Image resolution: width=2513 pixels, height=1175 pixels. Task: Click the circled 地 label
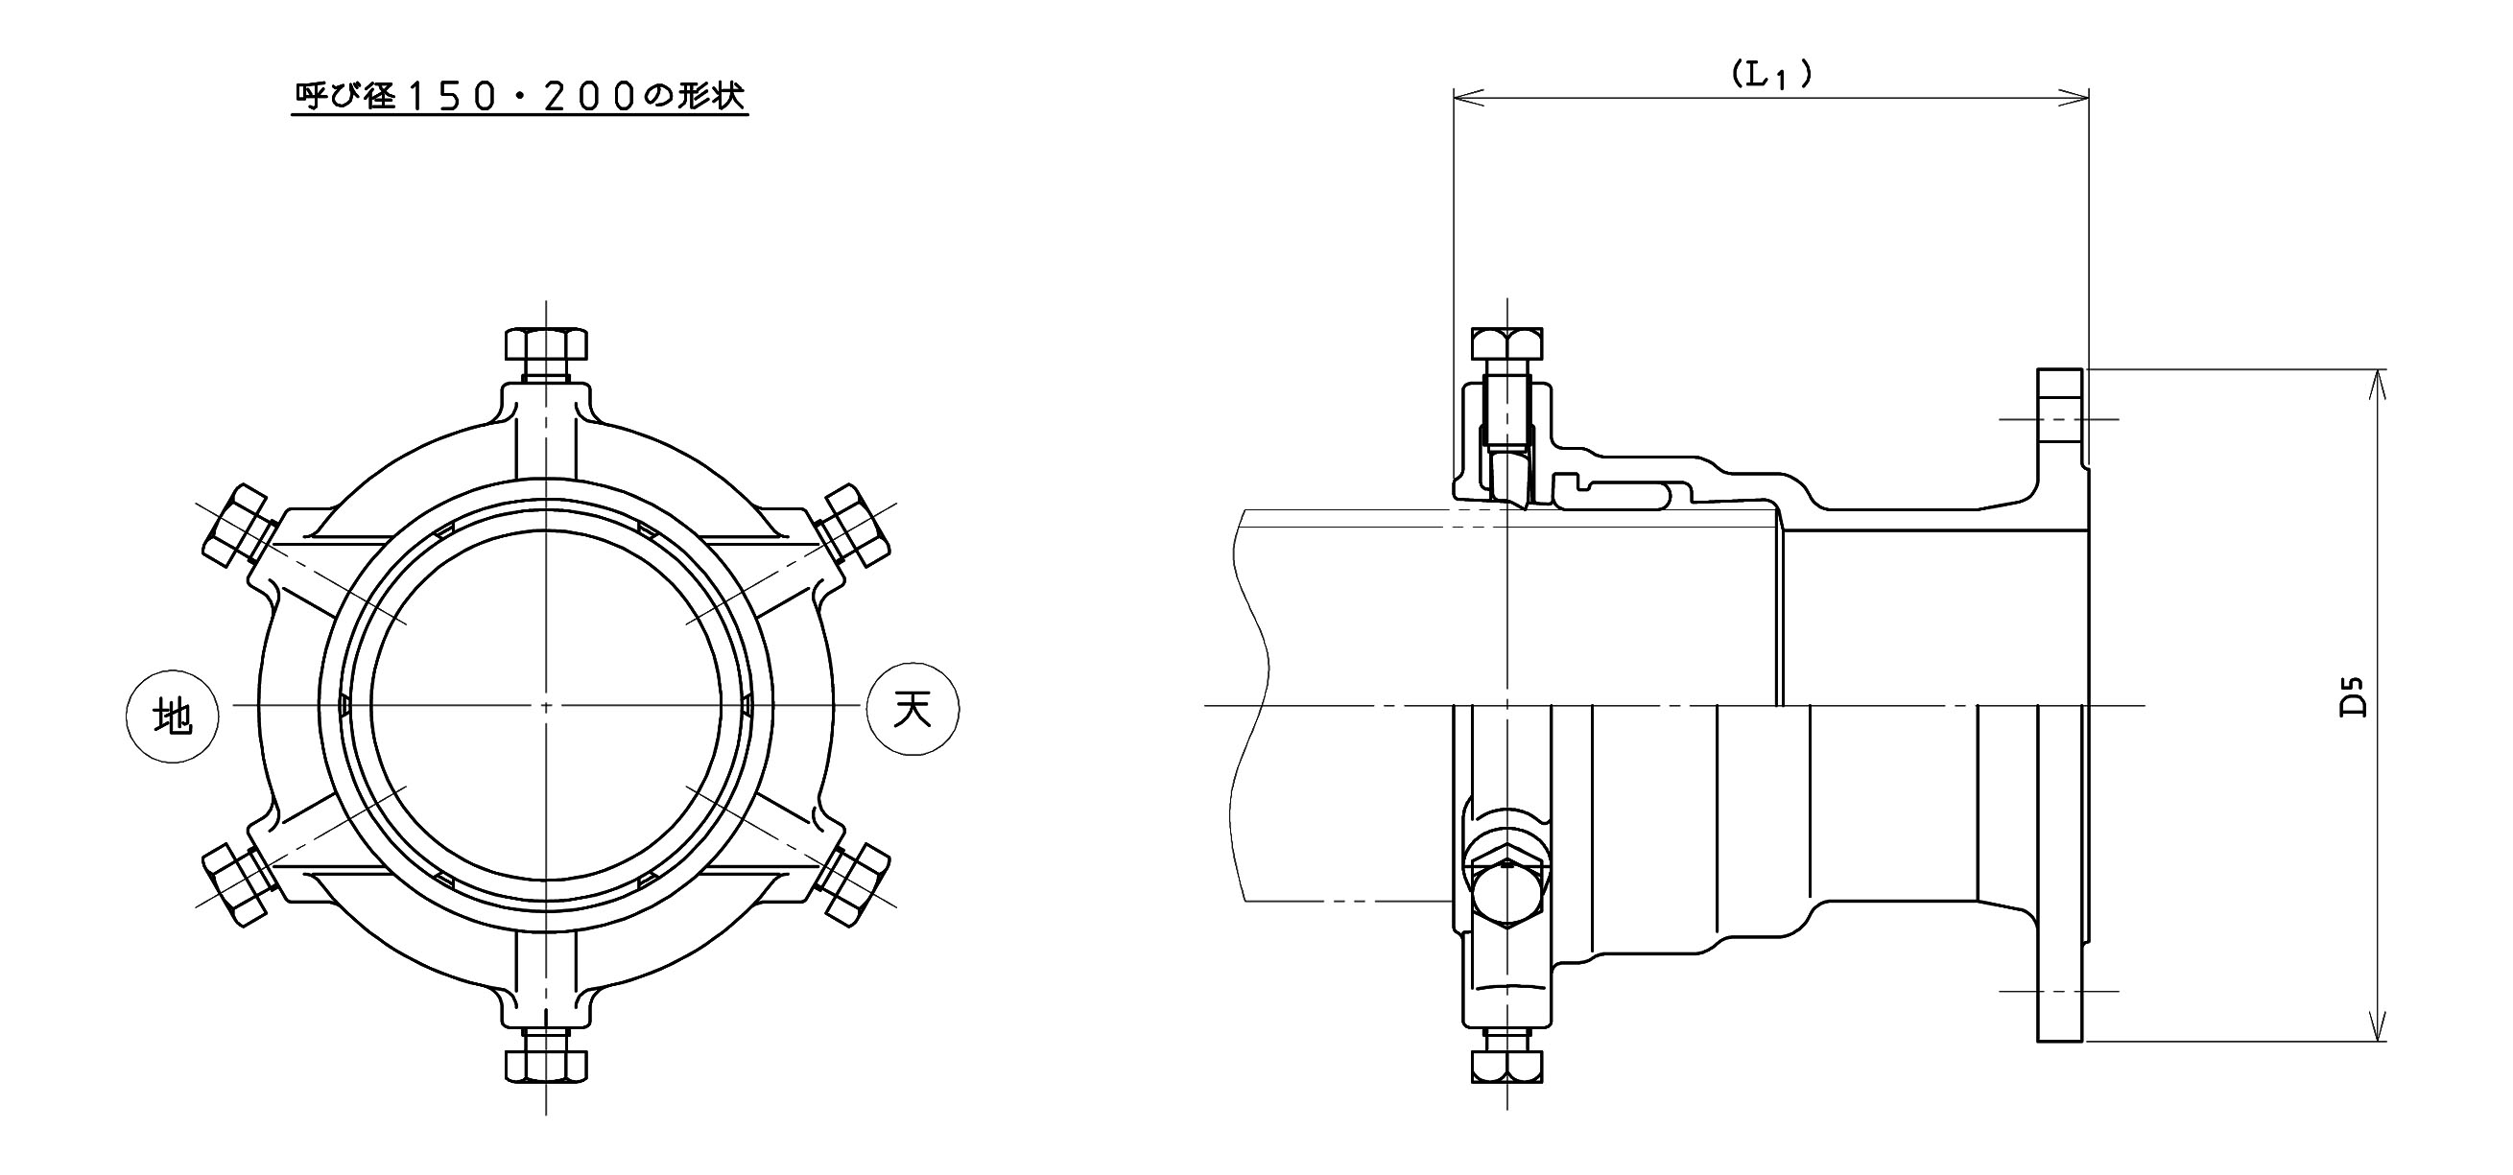(173, 717)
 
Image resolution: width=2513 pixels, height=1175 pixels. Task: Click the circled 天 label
(913, 708)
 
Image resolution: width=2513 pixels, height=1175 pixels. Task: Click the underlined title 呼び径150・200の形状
(520, 96)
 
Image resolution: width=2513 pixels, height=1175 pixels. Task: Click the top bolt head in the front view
(546, 345)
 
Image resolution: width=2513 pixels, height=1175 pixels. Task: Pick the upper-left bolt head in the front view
(234, 527)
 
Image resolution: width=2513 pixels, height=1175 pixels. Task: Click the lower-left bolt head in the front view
(235, 885)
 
